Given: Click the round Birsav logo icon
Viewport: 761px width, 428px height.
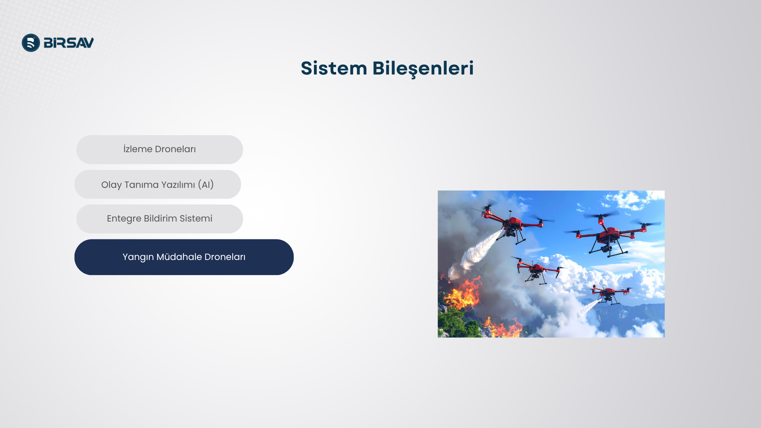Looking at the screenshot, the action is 31,43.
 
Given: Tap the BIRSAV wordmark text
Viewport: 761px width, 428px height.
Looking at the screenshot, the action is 69,43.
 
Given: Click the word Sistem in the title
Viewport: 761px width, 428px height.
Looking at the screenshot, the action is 334,68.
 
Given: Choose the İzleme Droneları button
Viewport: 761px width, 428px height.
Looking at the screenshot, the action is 160,149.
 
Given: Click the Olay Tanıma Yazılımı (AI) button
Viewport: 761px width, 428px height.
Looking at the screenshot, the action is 158,184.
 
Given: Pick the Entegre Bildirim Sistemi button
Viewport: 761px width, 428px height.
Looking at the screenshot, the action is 160,219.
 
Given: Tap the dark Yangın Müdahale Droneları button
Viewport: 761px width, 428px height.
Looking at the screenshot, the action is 184,257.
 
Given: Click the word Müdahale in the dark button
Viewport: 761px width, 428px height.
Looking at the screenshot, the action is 179,257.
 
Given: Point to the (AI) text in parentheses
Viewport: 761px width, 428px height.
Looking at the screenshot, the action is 206,185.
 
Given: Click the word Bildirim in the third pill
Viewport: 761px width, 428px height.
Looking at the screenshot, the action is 161,218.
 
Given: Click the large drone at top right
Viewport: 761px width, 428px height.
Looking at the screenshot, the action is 610,234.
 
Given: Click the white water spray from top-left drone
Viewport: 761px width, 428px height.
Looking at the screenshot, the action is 476,254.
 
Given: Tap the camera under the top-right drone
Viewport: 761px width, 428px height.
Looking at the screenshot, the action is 606,248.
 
